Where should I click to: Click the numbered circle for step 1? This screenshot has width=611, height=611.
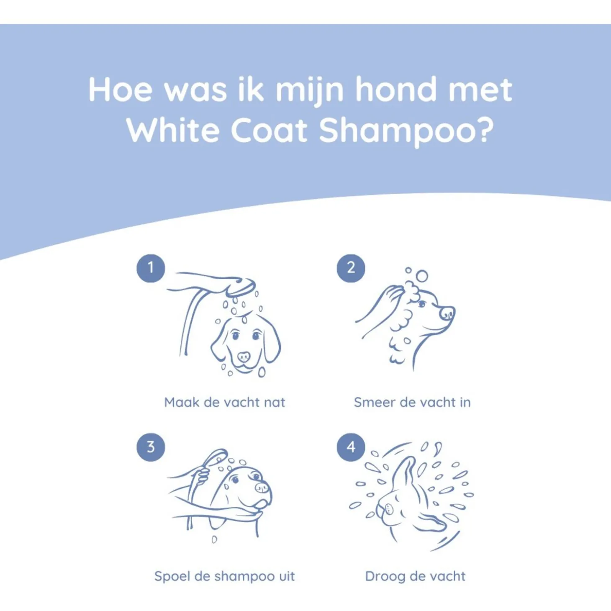click(151, 268)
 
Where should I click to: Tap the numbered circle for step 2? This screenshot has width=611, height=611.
click(351, 268)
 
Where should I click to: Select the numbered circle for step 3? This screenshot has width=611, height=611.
click(151, 447)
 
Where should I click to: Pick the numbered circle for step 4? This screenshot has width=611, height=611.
click(351, 447)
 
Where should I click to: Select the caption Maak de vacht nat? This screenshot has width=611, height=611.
click(224, 402)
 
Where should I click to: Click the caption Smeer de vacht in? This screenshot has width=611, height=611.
click(412, 402)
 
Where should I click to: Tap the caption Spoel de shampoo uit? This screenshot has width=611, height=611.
click(224, 576)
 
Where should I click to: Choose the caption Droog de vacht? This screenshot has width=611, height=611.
click(416, 576)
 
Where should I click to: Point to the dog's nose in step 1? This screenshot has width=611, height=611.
click(244, 357)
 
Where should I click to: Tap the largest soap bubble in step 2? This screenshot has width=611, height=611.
click(422, 276)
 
